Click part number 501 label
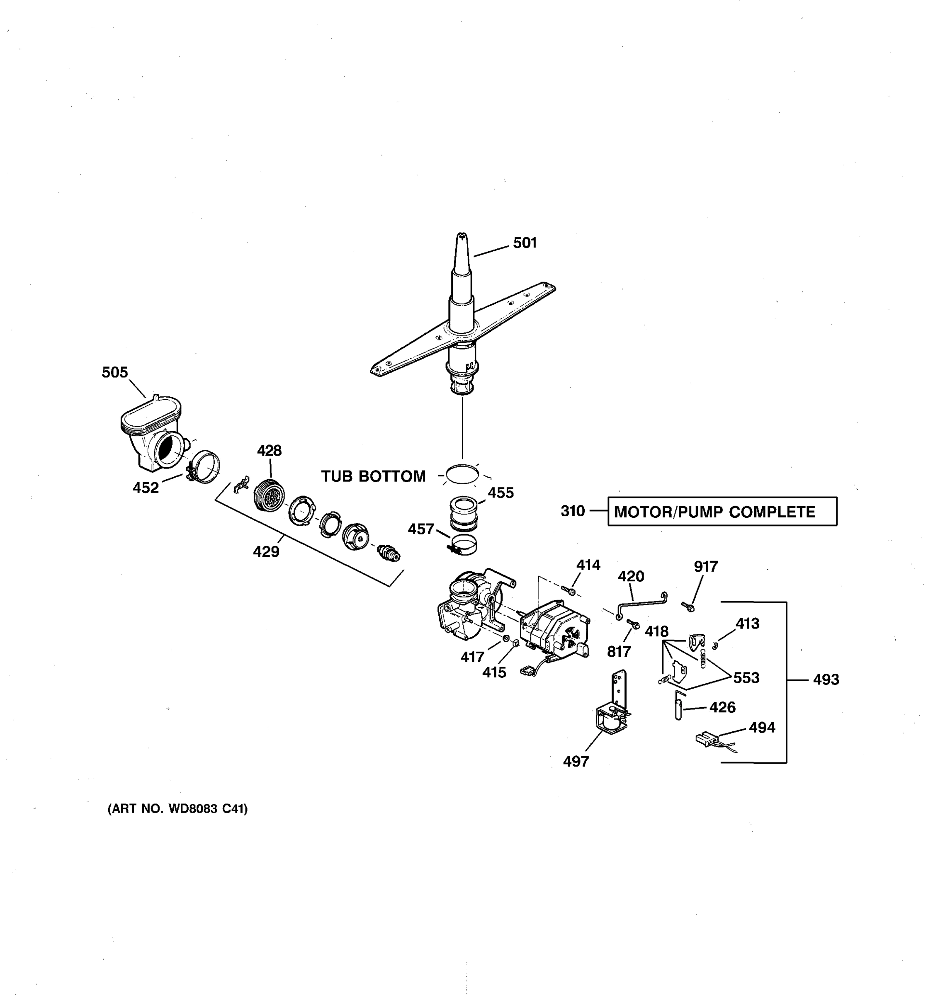[525, 243]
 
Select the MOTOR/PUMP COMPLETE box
[722, 512]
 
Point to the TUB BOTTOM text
[373, 476]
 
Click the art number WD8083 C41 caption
[178, 809]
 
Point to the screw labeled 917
[688, 607]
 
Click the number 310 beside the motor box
[573, 511]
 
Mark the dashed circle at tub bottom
[462, 474]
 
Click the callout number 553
[746, 678]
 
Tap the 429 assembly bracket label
[266, 551]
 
